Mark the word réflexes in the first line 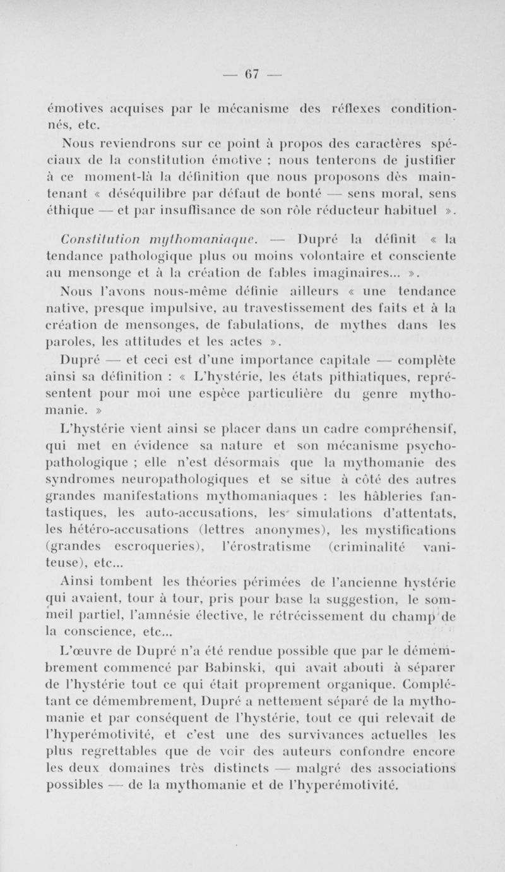pyautogui.click(x=342, y=92)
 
